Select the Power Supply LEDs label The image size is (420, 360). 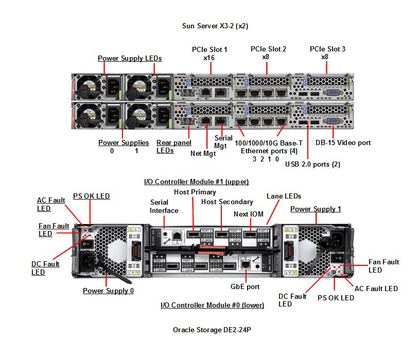[x=130, y=58]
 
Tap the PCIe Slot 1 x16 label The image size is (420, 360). [x=209, y=53]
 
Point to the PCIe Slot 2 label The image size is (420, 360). [x=268, y=49]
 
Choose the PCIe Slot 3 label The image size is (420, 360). [x=327, y=49]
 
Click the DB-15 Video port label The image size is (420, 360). [x=343, y=142]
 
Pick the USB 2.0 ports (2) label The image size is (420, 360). [x=312, y=165]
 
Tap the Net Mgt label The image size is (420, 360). [x=203, y=153]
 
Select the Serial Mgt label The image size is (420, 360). [x=220, y=142]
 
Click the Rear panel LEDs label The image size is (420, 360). [x=173, y=147]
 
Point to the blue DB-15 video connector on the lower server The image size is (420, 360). [x=332, y=122]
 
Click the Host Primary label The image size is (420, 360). [x=195, y=192]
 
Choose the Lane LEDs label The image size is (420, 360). [x=284, y=196]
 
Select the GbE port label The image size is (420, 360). [x=246, y=286]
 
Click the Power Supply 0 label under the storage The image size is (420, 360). [x=108, y=291]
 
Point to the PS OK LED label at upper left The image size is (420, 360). [x=91, y=196]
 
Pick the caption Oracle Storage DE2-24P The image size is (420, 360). [x=212, y=330]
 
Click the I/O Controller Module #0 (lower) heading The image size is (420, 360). [x=212, y=305]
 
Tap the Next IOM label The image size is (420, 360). [x=248, y=214]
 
